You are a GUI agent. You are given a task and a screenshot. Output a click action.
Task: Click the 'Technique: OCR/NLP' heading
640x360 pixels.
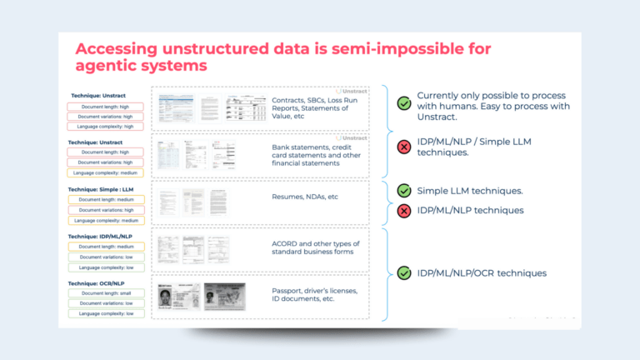coord(98,282)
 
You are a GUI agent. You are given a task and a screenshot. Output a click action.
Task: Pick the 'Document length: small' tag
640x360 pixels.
coord(106,293)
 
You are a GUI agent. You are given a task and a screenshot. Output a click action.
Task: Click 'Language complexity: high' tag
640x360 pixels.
coord(106,127)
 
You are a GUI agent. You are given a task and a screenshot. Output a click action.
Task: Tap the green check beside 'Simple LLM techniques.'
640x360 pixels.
coord(404,192)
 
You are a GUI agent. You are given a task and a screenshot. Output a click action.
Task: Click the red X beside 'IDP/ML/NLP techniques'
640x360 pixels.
coord(404,211)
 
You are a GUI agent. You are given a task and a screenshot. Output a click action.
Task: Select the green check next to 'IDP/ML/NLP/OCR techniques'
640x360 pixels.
coord(404,272)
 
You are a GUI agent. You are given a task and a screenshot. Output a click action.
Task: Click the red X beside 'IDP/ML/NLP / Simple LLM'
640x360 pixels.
coord(404,147)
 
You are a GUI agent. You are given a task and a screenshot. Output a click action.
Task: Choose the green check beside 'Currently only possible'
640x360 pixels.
coord(404,103)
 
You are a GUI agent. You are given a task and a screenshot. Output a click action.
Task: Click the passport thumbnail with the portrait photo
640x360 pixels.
coord(176,297)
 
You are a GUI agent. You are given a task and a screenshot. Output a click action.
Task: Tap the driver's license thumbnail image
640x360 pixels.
coord(225,295)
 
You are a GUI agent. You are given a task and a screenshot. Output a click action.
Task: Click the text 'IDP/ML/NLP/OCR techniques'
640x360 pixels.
coord(482,272)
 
